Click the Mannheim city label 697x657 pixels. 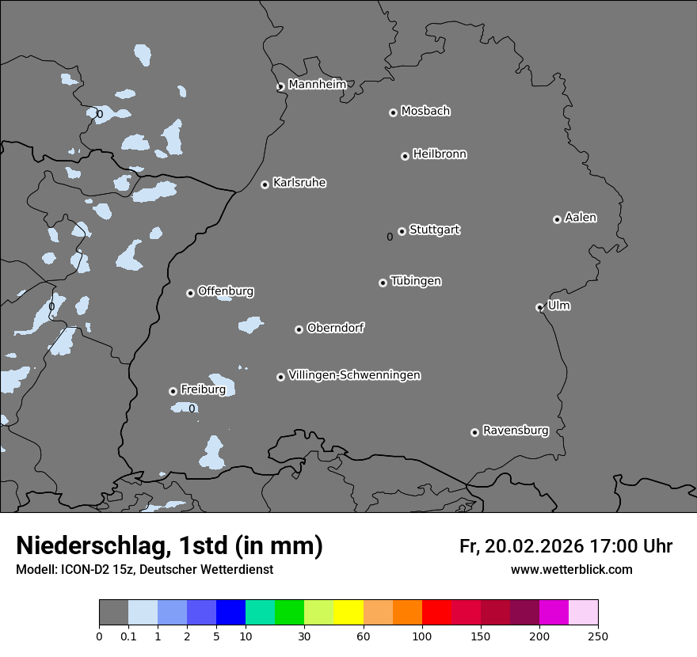click(317, 84)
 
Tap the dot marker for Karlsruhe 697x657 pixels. click(265, 184)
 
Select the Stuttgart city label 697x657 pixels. click(434, 230)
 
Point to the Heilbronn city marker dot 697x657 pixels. click(405, 156)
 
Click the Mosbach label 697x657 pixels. click(425, 111)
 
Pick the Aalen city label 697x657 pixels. click(581, 217)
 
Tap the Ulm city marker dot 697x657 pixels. click(539, 307)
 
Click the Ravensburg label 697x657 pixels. click(516, 431)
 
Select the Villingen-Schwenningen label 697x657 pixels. click(354, 375)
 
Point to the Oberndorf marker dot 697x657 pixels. click(299, 329)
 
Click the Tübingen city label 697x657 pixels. click(416, 281)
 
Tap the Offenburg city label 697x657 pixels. click(226, 291)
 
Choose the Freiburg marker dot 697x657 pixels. click(173, 391)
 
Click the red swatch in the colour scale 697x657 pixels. click(436, 613)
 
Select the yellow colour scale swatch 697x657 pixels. click(348, 613)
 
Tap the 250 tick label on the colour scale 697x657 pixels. click(598, 636)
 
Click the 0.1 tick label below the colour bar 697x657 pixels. click(128, 636)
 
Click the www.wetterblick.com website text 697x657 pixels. click(572, 569)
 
